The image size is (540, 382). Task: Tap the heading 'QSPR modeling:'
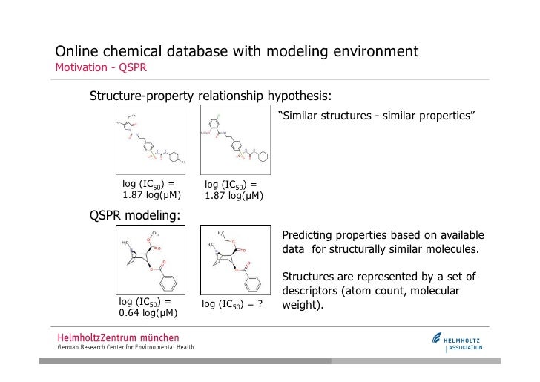(134, 215)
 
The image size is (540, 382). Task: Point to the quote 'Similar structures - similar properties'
(376, 116)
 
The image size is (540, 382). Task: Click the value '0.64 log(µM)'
(148, 314)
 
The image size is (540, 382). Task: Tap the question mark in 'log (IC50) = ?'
(260, 304)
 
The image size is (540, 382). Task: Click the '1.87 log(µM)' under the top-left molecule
(151, 195)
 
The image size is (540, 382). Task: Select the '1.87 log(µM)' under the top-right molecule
(234, 196)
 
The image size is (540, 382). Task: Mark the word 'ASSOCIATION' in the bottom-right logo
(464, 347)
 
